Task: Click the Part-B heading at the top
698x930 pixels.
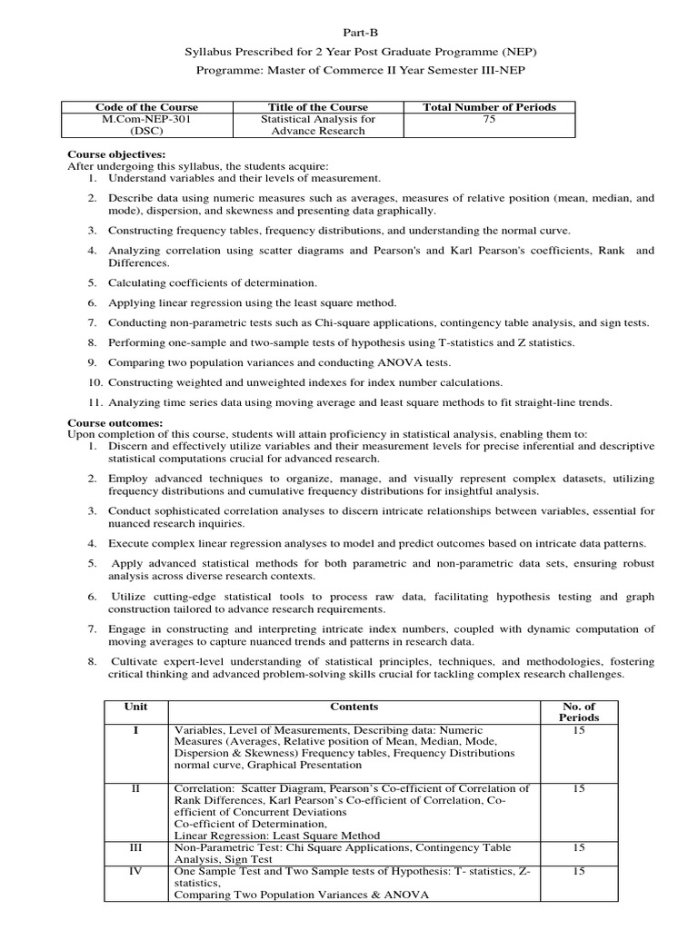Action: coord(354,33)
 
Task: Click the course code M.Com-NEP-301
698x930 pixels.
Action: coord(146,119)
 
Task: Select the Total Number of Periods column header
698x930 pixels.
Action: coord(489,107)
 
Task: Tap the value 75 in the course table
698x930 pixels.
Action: coord(489,119)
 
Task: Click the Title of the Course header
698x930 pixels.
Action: coord(317,107)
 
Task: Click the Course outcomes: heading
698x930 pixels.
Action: coord(115,422)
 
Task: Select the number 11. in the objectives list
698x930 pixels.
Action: coord(94,402)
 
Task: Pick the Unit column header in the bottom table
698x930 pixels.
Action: coord(135,707)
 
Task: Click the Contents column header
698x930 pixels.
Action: coord(354,707)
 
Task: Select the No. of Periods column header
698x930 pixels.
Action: coord(579,712)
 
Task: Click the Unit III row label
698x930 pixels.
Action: coord(135,847)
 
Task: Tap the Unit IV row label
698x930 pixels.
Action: coord(135,871)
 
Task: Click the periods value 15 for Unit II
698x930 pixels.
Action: coord(579,788)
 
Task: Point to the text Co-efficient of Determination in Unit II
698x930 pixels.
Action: coord(235,824)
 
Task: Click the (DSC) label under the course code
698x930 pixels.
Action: coord(146,131)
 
